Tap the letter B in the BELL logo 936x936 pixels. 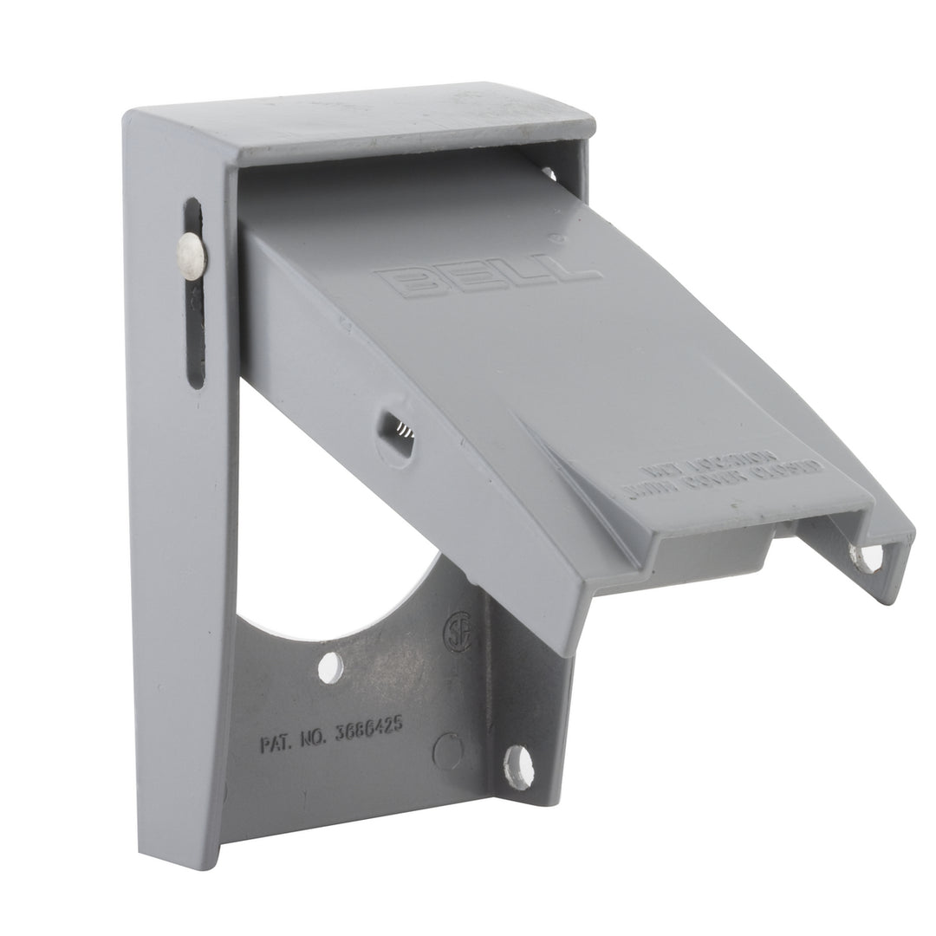tap(400, 283)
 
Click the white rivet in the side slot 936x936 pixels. tap(191, 252)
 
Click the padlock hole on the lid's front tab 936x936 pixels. tap(867, 557)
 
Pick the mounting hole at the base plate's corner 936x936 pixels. tap(518, 766)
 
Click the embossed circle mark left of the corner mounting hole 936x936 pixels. tap(447, 751)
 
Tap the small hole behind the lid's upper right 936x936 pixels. tap(548, 174)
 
